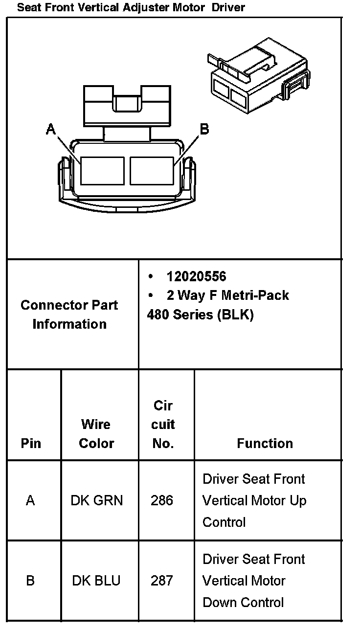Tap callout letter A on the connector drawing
click(51, 129)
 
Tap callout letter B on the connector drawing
click(204, 129)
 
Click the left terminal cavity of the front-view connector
click(102, 171)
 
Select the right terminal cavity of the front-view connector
click(152, 171)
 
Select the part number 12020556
click(196, 277)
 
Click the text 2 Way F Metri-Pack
click(227, 295)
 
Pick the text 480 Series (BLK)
click(200, 315)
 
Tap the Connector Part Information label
click(69, 315)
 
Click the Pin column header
click(31, 443)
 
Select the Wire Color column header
click(96, 433)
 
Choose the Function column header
click(265, 443)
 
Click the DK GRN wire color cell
click(97, 500)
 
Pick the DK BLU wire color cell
click(96, 581)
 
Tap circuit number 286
click(162, 500)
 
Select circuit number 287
click(162, 581)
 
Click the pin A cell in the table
click(31, 500)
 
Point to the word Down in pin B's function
click(219, 602)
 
